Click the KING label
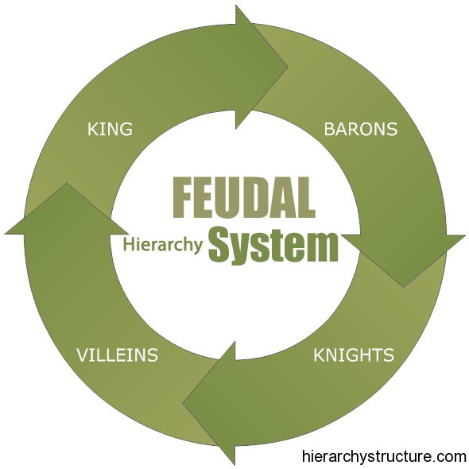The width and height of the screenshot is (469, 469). coord(110,130)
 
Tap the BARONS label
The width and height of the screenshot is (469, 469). coord(361,130)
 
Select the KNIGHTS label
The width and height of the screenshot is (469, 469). coord(354,355)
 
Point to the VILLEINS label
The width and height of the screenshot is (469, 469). coord(118,355)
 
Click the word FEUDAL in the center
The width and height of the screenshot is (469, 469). coord(244,197)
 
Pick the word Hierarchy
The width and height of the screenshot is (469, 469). coord(163,244)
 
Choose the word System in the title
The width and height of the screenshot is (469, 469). coord(273,243)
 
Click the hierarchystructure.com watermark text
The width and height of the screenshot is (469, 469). coord(384,456)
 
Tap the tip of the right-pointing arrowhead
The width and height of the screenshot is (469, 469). coord(288,67)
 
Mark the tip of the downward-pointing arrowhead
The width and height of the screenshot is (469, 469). coord(404,287)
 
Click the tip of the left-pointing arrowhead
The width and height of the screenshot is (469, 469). coord(183,404)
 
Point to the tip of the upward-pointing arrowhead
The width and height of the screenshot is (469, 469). coord(67,183)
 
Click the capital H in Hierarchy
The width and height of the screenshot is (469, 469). coord(129,243)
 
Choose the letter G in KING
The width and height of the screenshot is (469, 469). coord(126,130)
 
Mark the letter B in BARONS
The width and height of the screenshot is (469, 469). coord(330,130)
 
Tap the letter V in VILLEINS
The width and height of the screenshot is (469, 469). coord(83,355)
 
